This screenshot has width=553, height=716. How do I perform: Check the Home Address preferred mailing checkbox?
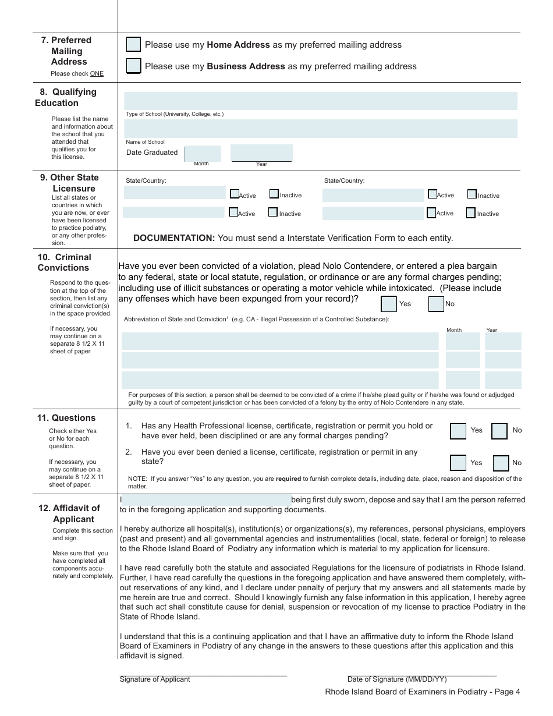(x=133, y=45)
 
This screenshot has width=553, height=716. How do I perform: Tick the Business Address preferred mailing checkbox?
(x=133, y=66)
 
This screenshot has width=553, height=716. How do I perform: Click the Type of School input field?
(x=320, y=101)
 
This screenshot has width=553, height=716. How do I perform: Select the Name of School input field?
(x=320, y=129)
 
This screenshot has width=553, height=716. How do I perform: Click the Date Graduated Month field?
(x=203, y=153)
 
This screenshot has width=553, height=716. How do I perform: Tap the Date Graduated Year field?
(x=261, y=153)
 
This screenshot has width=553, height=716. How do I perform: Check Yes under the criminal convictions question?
(x=389, y=304)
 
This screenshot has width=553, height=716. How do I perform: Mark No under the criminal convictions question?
(x=436, y=304)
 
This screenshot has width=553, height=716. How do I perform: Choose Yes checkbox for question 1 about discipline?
(x=458, y=431)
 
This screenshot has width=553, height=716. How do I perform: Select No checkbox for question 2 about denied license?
(x=501, y=463)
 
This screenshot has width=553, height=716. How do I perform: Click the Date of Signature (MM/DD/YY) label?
(x=397, y=679)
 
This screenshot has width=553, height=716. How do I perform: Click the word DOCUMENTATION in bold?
(x=174, y=238)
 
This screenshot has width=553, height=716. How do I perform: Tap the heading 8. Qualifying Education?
(x=65, y=97)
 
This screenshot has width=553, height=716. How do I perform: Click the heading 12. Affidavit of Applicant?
(x=70, y=513)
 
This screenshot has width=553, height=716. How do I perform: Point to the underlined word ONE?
(x=97, y=74)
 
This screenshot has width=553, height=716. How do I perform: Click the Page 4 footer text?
(x=423, y=692)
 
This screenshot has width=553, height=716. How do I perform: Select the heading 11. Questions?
(x=66, y=418)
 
